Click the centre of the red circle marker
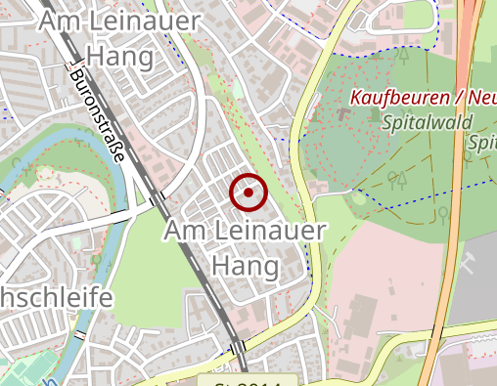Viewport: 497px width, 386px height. pos(248,193)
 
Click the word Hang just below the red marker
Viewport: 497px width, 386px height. pos(245,265)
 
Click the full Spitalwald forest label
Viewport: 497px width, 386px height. pos(427,122)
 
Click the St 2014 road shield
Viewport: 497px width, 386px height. pos(248,381)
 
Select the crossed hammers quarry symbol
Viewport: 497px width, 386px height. pos(469,262)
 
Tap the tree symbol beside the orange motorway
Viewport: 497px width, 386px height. pos(443,213)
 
